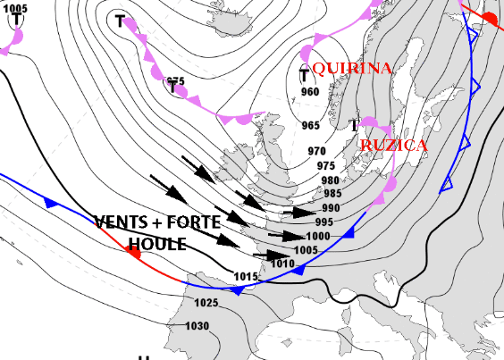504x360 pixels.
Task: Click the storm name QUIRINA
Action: [x=349, y=68]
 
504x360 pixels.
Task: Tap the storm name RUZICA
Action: [x=392, y=145]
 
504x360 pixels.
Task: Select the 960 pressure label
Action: [x=310, y=92]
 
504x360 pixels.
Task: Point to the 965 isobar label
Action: [x=310, y=125]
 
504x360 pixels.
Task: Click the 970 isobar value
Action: [x=316, y=151]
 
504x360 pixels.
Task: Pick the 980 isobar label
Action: [x=330, y=180]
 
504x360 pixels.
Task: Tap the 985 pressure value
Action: [x=332, y=193]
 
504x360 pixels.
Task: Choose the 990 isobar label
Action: [x=330, y=207]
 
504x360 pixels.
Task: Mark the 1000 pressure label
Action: [x=318, y=236]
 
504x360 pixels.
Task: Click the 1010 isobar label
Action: [x=283, y=264]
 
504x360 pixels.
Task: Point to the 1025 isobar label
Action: [x=206, y=304]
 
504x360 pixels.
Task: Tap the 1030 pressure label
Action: [x=197, y=326]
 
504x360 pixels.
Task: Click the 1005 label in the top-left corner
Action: [x=15, y=8]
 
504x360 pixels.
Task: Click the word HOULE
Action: [x=157, y=244]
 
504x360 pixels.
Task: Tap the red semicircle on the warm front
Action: [x=134, y=253]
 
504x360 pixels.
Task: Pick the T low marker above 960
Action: [x=304, y=75]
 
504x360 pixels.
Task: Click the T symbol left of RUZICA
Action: [x=353, y=124]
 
